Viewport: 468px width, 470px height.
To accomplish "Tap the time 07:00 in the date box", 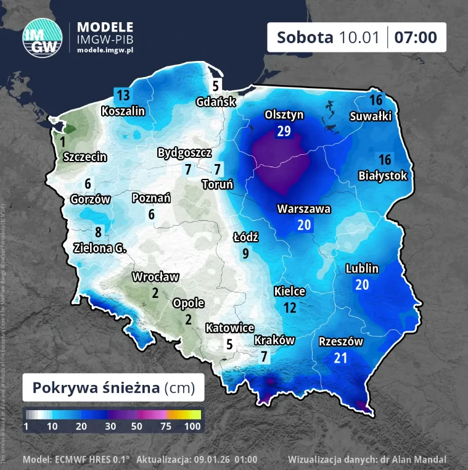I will pyautogui.click(x=416, y=37).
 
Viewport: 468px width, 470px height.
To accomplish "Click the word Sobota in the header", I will pyautogui.click(x=305, y=37).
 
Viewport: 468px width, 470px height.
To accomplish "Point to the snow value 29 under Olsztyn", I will pyautogui.click(x=284, y=131).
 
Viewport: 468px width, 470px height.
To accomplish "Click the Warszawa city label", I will pyautogui.click(x=303, y=209).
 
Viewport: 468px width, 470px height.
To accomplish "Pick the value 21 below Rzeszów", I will pyautogui.click(x=340, y=357).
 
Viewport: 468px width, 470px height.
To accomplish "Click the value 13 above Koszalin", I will pyautogui.click(x=123, y=95).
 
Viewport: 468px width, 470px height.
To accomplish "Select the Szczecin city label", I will pyautogui.click(x=85, y=157).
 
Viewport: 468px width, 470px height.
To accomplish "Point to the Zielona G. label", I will pyautogui.click(x=99, y=248).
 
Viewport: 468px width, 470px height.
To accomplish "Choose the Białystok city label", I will pyautogui.click(x=383, y=176).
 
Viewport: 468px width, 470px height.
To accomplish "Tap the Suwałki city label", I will pyautogui.click(x=371, y=115).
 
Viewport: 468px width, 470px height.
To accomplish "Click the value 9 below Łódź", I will pyautogui.click(x=245, y=252).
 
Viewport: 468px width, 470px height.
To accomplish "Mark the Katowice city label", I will pyautogui.click(x=229, y=328).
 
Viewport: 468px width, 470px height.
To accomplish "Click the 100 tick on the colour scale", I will pyautogui.click(x=192, y=426).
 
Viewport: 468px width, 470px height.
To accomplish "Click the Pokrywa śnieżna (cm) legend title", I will pyautogui.click(x=113, y=388).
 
